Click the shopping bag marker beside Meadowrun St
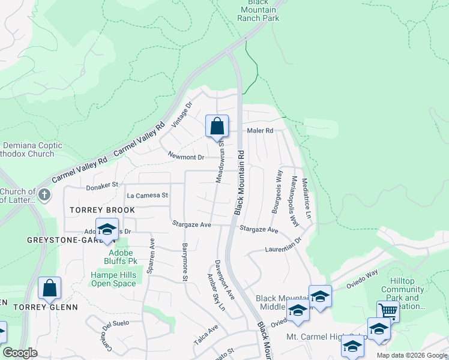click(x=217, y=127)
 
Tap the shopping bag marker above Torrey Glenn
click(x=50, y=289)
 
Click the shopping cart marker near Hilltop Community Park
click(x=388, y=311)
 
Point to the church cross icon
click(x=44, y=194)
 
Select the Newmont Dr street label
click(x=186, y=157)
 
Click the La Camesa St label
click(x=147, y=196)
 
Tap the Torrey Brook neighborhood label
click(x=102, y=210)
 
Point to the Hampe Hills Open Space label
click(x=113, y=279)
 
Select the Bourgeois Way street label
click(x=276, y=191)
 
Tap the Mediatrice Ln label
click(x=307, y=197)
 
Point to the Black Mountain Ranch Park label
click(x=258, y=11)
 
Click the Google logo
click(x=20, y=353)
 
